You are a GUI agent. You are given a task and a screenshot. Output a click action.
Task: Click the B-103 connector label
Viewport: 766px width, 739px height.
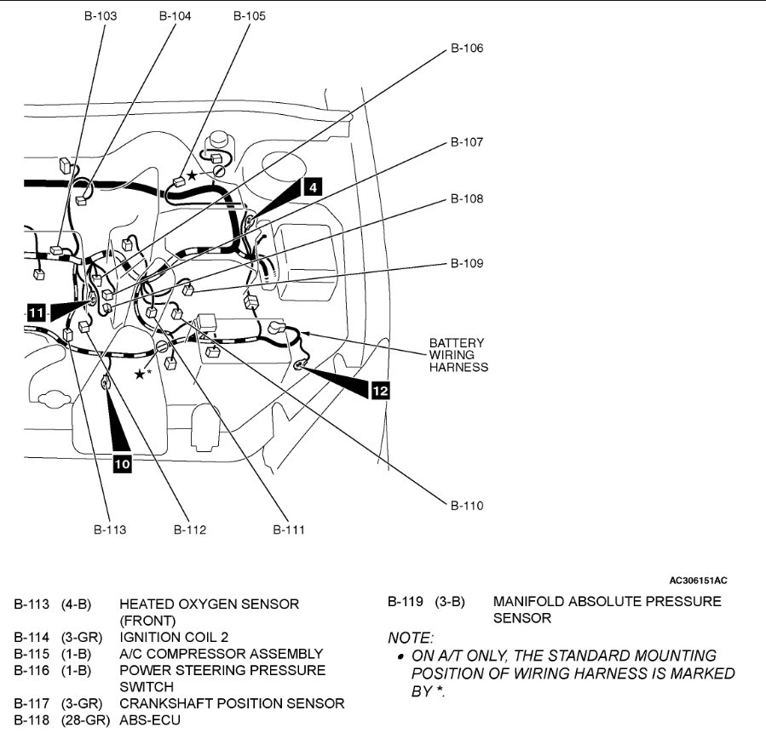101,15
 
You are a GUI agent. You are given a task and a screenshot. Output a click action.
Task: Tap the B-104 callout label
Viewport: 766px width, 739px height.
175,15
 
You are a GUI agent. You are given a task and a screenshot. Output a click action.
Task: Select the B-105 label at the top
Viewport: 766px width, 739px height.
249,15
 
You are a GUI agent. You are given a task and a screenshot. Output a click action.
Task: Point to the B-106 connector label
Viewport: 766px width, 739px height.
466,49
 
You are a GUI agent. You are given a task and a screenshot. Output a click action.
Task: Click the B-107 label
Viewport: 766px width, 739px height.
466,142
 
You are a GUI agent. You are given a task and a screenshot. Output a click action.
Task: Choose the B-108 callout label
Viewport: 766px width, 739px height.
466,199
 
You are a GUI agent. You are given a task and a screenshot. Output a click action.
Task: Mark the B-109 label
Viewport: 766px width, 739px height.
466,264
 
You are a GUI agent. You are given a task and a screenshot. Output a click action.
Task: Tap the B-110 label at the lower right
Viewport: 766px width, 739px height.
466,506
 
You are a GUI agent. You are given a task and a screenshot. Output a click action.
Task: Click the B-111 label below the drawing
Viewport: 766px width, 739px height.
289,530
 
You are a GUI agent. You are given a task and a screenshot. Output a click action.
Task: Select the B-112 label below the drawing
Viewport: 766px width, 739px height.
190,530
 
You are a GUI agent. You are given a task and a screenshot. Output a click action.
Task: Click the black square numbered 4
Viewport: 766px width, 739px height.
314,186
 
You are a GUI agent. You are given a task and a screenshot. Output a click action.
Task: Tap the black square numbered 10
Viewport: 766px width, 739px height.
122,464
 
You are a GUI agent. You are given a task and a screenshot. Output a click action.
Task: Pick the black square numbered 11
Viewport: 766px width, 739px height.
35,312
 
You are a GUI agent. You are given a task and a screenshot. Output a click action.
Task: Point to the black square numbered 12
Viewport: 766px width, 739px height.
380,390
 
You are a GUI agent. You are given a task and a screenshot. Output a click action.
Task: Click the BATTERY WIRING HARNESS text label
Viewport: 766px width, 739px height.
458,355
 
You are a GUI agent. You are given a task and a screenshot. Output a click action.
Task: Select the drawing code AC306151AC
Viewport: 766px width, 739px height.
698,581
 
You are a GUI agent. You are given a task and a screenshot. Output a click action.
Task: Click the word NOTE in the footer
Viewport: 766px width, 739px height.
410,637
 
